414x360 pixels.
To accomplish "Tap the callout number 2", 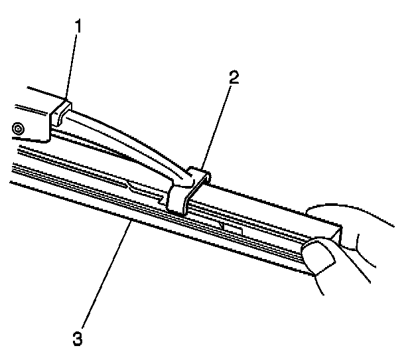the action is click(x=232, y=78).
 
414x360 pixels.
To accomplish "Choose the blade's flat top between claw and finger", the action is click(x=265, y=206).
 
